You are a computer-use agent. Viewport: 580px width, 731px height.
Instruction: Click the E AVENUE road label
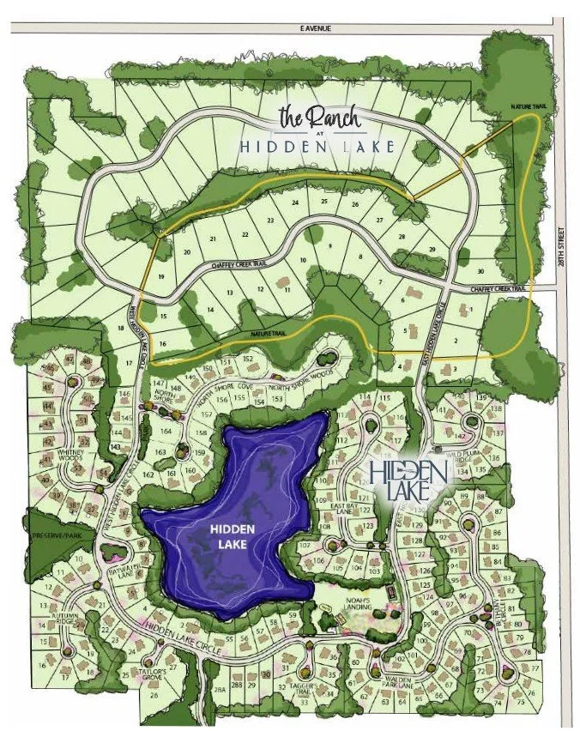315,28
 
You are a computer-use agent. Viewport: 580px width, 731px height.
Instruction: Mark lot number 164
166,432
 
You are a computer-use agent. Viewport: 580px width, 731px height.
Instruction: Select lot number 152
248,359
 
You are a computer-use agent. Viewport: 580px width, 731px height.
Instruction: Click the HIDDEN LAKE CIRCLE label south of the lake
185,632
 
